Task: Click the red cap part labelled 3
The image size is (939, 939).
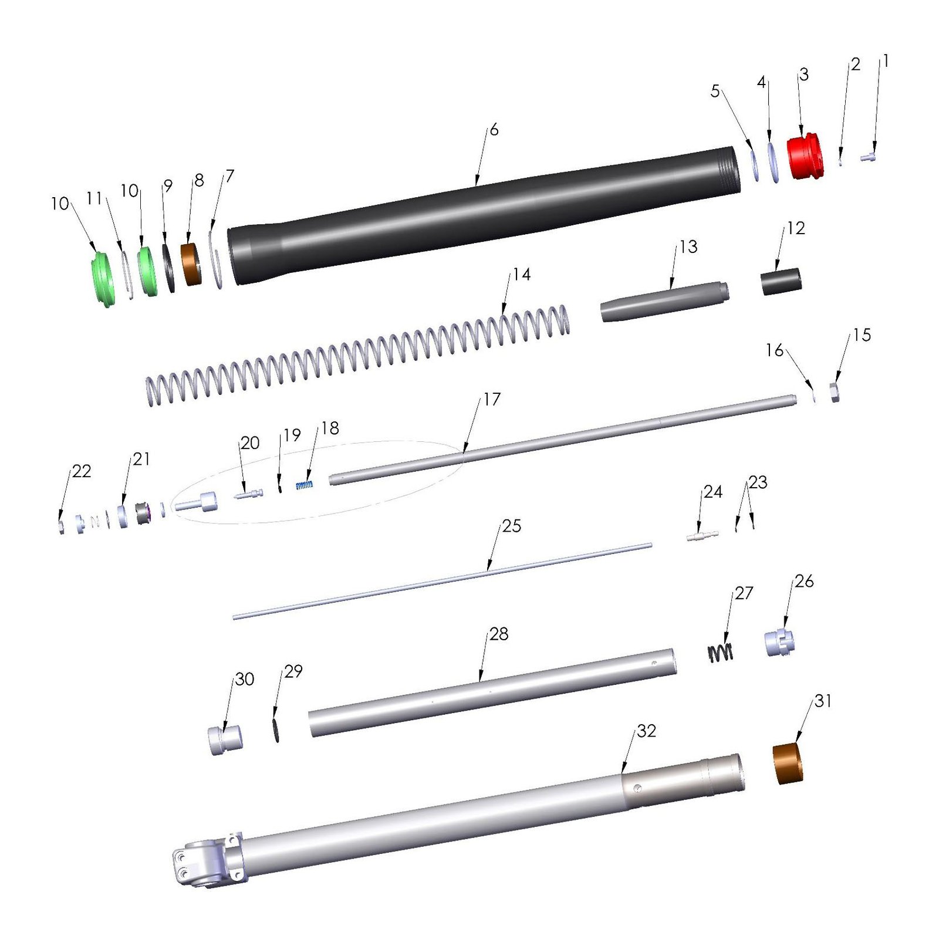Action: (x=805, y=157)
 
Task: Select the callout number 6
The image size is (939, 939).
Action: (x=494, y=130)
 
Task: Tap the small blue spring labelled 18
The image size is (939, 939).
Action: (x=304, y=485)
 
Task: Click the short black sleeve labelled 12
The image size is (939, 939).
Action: (x=781, y=281)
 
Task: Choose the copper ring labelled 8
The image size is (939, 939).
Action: (x=191, y=265)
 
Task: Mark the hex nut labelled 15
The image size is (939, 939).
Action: (x=835, y=392)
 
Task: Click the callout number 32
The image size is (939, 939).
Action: (x=646, y=731)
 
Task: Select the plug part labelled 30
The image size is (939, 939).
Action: (x=225, y=739)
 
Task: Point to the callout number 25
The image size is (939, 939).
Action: (x=511, y=526)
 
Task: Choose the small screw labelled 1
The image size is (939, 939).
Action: (x=868, y=157)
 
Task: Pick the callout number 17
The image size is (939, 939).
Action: (x=492, y=399)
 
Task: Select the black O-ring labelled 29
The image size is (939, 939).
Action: (x=275, y=728)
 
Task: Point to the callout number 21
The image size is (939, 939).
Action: (x=141, y=459)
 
